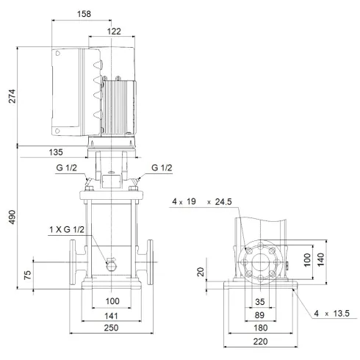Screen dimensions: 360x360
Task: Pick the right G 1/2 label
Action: [x=162, y=168]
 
